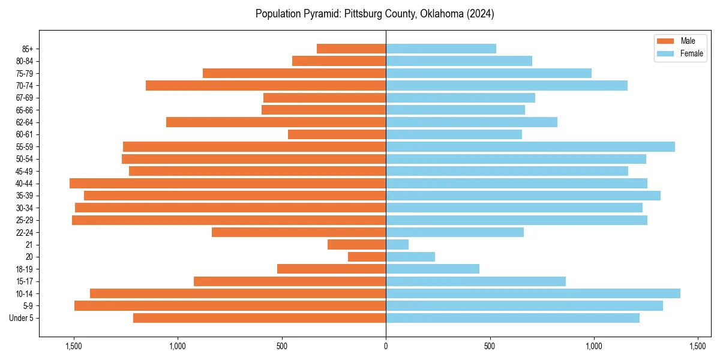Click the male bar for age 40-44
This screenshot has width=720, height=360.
228,184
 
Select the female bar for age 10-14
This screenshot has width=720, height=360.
533,293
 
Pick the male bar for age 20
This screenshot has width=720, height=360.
367,257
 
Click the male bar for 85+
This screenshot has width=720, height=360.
352,49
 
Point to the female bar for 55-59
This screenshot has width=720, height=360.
530,147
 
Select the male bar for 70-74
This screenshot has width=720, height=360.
266,86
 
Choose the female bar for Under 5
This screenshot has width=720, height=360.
512,318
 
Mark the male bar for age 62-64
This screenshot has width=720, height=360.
276,122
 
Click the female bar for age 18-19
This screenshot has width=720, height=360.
433,269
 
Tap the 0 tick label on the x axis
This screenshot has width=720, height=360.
386,347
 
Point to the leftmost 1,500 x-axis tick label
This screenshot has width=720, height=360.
74,347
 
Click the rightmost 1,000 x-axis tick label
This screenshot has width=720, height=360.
593,347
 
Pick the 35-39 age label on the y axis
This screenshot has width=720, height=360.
24,196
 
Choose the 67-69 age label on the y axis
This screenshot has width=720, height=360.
24,98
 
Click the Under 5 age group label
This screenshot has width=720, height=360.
22,318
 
